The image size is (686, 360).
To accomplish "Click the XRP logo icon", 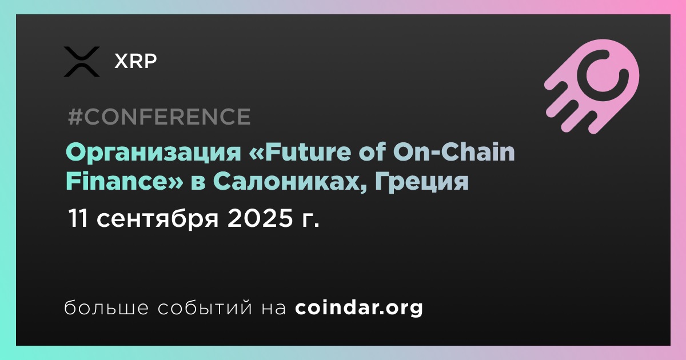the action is [x=82, y=62].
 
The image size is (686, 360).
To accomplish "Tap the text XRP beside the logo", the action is [x=135, y=61].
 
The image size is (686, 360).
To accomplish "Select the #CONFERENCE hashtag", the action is [x=159, y=117].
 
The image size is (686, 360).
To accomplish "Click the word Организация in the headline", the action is [x=153, y=153].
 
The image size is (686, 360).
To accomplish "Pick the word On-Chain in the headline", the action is [x=454, y=152].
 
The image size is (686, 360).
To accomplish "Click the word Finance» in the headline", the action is [x=125, y=181].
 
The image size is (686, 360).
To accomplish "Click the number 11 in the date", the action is [x=78, y=218].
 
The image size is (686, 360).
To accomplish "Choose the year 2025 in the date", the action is [x=260, y=218].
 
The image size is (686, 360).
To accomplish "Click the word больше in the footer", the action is [x=106, y=307].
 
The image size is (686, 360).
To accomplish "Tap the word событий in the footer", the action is [x=205, y=307].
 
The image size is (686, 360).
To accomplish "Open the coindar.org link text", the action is [x=359, y=308].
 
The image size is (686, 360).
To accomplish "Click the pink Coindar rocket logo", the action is [x=592, y=86].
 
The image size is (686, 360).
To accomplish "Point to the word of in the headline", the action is [x=372, y=152].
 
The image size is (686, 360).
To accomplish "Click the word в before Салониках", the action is [x=198, y=183].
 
